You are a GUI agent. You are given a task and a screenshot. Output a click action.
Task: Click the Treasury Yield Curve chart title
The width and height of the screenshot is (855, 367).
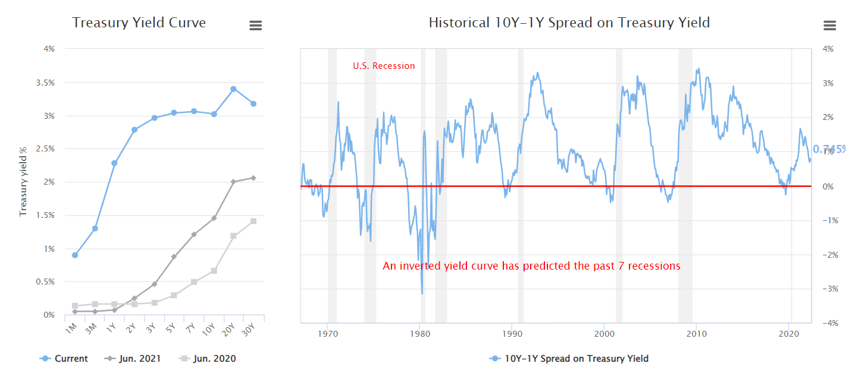click(x=139, y=23)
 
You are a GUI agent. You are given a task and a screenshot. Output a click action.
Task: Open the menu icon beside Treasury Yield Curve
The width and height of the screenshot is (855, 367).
click(x=255, y=26)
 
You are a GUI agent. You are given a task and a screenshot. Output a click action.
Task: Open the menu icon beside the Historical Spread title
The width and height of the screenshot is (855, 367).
click(x=829, y=26)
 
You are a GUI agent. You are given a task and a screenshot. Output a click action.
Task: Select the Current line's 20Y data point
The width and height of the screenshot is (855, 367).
click(x=233, y=89)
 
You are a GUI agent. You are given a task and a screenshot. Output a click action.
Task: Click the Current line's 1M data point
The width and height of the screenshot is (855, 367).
click(x=74, y=255)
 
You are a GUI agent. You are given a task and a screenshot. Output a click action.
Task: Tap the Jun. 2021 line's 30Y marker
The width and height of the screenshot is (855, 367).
click(x=253, y=178)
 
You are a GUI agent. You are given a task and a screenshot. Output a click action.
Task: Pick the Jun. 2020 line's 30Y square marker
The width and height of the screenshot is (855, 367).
click(x=253, y=221)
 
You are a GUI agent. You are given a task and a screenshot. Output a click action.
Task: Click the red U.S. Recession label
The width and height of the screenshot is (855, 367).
click(x=384, y=66)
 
